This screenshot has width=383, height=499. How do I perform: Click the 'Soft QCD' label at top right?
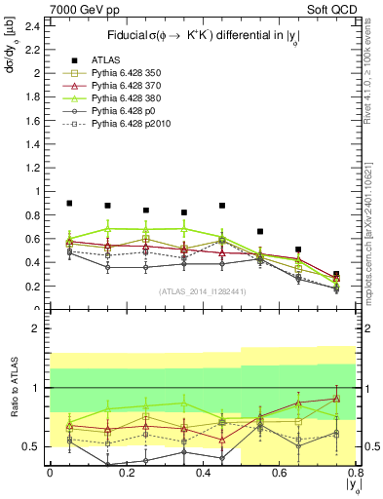pyautogui.click(x=331, y=9)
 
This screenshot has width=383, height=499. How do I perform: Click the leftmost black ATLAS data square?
pyautogui.click(x=69, y=204)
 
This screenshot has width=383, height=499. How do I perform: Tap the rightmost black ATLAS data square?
pyautogui.click(x=336, y=275)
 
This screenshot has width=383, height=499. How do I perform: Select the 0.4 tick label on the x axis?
pyautogui.click(x=202, y=473)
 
